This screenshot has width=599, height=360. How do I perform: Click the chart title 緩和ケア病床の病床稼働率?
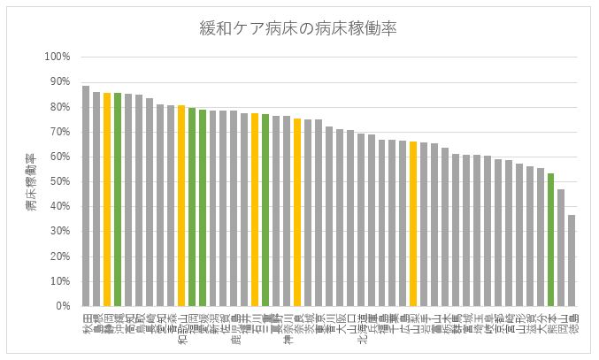(298, 28)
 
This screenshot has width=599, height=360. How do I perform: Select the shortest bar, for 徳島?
(572, 261)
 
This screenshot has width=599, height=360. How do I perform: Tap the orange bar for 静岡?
(107, 200)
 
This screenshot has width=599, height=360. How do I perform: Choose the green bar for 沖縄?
(118, 200)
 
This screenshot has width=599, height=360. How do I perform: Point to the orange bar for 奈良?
(297, 212)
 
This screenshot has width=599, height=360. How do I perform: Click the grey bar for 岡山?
(561, 248)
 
